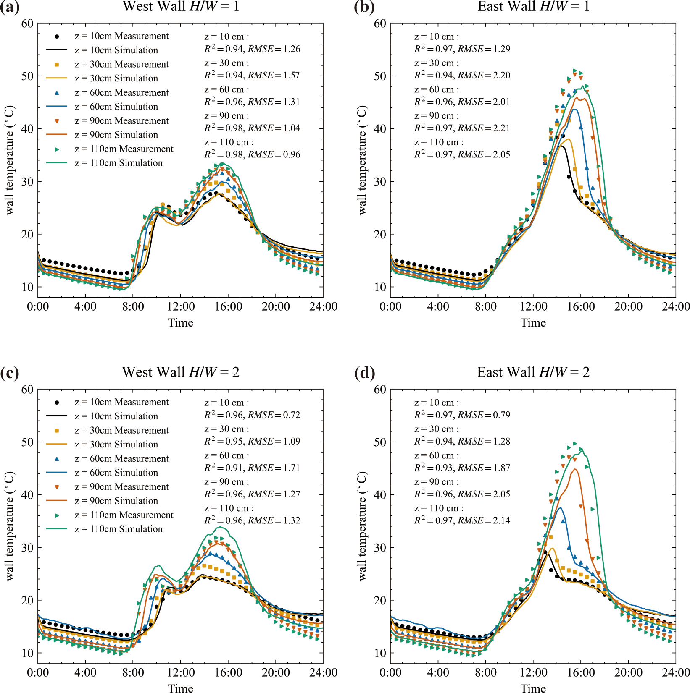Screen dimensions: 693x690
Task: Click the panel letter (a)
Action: [10, 7]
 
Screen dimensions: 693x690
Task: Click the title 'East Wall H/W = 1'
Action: [533, 6]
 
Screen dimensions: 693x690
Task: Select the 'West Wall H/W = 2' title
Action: [181, 372]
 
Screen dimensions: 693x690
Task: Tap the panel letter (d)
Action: [364, 373]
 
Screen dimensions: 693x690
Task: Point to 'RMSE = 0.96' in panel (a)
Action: [274, 154]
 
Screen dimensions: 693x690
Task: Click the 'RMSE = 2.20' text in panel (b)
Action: [484, 76]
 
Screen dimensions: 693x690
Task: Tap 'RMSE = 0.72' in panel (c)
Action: [274, 415]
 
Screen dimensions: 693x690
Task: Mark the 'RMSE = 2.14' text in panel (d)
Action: [484, 520]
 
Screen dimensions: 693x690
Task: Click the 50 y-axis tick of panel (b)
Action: [380, 76]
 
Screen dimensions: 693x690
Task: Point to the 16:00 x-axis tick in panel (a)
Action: [228, 307]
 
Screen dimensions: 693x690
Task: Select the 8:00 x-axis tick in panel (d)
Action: [486, 673]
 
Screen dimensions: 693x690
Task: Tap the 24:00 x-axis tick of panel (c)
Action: [323, 673]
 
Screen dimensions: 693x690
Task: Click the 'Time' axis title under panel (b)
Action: [533, 323]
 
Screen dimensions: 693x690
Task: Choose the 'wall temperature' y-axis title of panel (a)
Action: [10, 160]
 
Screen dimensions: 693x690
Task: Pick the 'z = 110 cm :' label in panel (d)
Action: [439, 508]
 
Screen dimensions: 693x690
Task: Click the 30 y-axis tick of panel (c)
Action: [27, 548]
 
